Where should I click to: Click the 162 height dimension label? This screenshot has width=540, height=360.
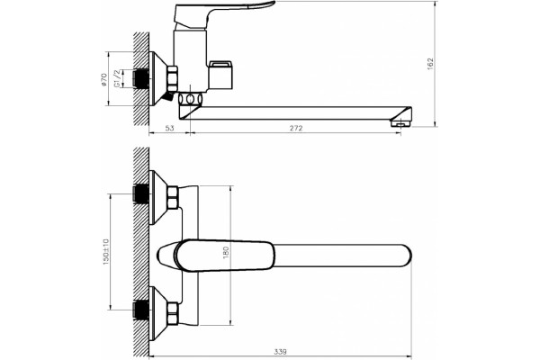coord(430,64)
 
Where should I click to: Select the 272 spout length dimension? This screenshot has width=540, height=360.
coord(296,128)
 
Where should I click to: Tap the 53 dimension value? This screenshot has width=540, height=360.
coord(169,128)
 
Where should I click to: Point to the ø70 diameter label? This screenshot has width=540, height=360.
coord(103,79)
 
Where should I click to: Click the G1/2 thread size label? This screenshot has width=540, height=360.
coord(118,78)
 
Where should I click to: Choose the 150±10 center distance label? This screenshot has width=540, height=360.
coord(105,251)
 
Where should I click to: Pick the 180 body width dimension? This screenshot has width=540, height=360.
coord(226,253)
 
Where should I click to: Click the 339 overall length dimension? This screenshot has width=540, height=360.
coord(280,352)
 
